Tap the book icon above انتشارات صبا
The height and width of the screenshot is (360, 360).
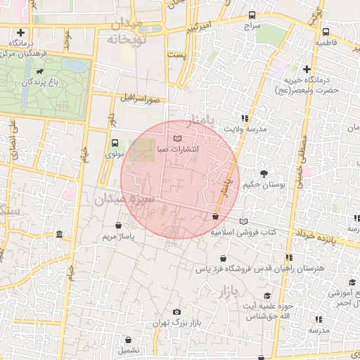(177, 136)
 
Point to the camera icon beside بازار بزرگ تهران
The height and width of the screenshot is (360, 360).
(176, 311)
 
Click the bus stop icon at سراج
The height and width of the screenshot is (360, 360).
(253, 15)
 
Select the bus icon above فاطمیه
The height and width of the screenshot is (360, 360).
(326, 32)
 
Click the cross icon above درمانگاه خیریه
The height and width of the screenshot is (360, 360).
(307, 69)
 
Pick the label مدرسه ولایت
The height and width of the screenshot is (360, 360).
(246, 129)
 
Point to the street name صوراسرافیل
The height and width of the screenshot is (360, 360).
(141, 99)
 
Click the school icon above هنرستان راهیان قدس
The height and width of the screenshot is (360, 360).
(288, 258)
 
